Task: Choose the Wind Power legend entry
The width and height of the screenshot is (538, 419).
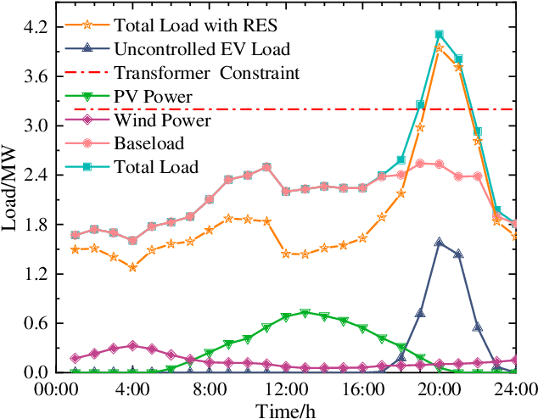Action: (x=161, y=120)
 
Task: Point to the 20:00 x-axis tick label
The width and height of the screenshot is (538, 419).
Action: (x=439, y=390)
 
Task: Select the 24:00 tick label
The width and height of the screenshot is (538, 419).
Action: (x=516, y=390)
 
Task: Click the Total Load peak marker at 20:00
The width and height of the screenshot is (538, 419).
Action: (x=440, y=35)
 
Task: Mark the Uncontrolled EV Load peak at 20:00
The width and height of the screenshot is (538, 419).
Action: (x=439, y=242)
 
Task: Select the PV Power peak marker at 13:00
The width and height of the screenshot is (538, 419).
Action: (x=305, y=313)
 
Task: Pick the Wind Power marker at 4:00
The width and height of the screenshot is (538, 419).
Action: (x=132, y=346)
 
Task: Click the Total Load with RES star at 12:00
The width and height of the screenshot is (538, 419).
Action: (x=286, y=253)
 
